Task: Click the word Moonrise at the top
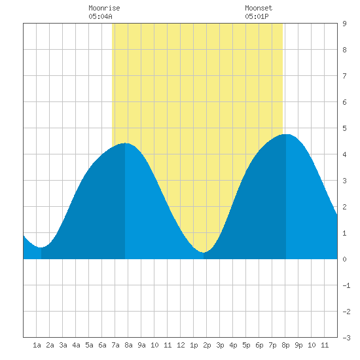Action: (104, 8)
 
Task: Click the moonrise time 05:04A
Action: (100, 16)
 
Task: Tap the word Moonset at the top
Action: (259, 8)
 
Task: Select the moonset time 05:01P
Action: (257, 16)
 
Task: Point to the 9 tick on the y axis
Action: (344, 24)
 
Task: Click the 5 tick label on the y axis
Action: (344, 128)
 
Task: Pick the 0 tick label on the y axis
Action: (344, 259)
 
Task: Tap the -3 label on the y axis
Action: (346, 338)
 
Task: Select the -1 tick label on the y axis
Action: (346, 285)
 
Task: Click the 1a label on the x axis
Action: (37, 345)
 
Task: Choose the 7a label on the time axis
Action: (115, 345)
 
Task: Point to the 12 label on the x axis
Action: (181, 345)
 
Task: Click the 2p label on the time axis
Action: (207, 345)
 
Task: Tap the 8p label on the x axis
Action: (285, 345)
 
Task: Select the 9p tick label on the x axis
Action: (298, 345)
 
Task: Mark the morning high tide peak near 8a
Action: (125, 143)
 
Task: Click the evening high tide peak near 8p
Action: (286, 134)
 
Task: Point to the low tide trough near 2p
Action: (204, 252)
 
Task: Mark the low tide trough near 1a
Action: (41, 247)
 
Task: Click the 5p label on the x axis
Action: (246, 345)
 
